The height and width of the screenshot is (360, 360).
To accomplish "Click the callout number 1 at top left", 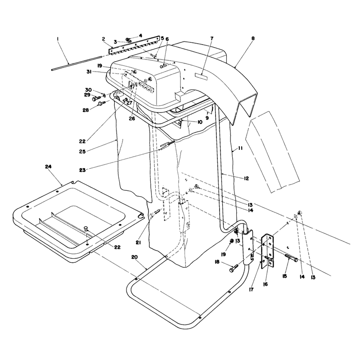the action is [x=58, y=39].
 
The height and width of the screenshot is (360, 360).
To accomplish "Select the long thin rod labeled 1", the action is [x=76, y=63].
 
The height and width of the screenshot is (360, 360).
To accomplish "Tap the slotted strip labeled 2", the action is [x=134, y=45].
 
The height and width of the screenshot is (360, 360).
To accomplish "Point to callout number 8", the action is [x=253, y=38].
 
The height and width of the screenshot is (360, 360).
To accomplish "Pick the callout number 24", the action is [x=48, y=166].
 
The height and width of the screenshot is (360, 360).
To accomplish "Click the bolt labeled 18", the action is [x=234, y=268].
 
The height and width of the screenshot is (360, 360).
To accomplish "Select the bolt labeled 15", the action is [x=291, y=258].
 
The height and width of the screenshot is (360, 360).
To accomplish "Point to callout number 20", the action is [x=135, y=257].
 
